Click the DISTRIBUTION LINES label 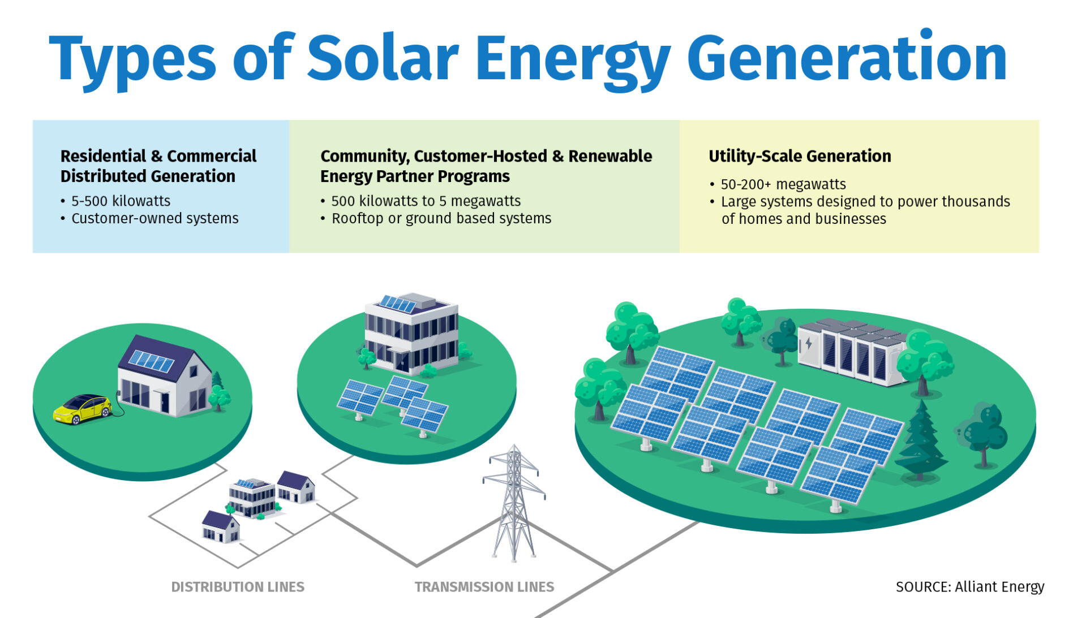238,587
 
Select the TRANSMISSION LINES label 484,587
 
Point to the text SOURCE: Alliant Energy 969,587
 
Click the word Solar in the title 382,59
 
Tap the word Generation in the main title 847,59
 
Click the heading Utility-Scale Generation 800,156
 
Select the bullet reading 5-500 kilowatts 121,201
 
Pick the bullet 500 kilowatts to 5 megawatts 426,201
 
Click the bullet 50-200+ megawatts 783,184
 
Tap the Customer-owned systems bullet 154,218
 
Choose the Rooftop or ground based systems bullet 441,218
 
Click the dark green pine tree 921,444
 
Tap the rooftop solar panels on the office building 397,304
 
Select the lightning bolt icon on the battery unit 809,343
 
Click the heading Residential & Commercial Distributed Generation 158,166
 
